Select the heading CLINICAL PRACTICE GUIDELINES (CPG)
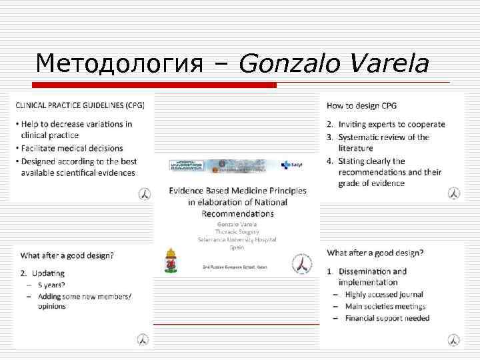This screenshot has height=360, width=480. [79, 105]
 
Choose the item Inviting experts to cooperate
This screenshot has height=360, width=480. [401, 124]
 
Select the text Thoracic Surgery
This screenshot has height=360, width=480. [237, 232]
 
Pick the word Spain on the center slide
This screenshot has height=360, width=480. [237, 247]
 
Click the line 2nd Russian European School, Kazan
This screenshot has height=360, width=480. [237, 266]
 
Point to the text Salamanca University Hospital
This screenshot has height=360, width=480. [237, 239]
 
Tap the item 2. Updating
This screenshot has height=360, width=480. [43, 273]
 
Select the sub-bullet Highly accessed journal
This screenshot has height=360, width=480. [383, 294]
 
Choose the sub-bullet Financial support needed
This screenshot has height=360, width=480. [387, 318]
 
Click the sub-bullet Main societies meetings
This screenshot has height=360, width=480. [385, 306]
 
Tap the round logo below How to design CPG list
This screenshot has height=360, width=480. [453, 193]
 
